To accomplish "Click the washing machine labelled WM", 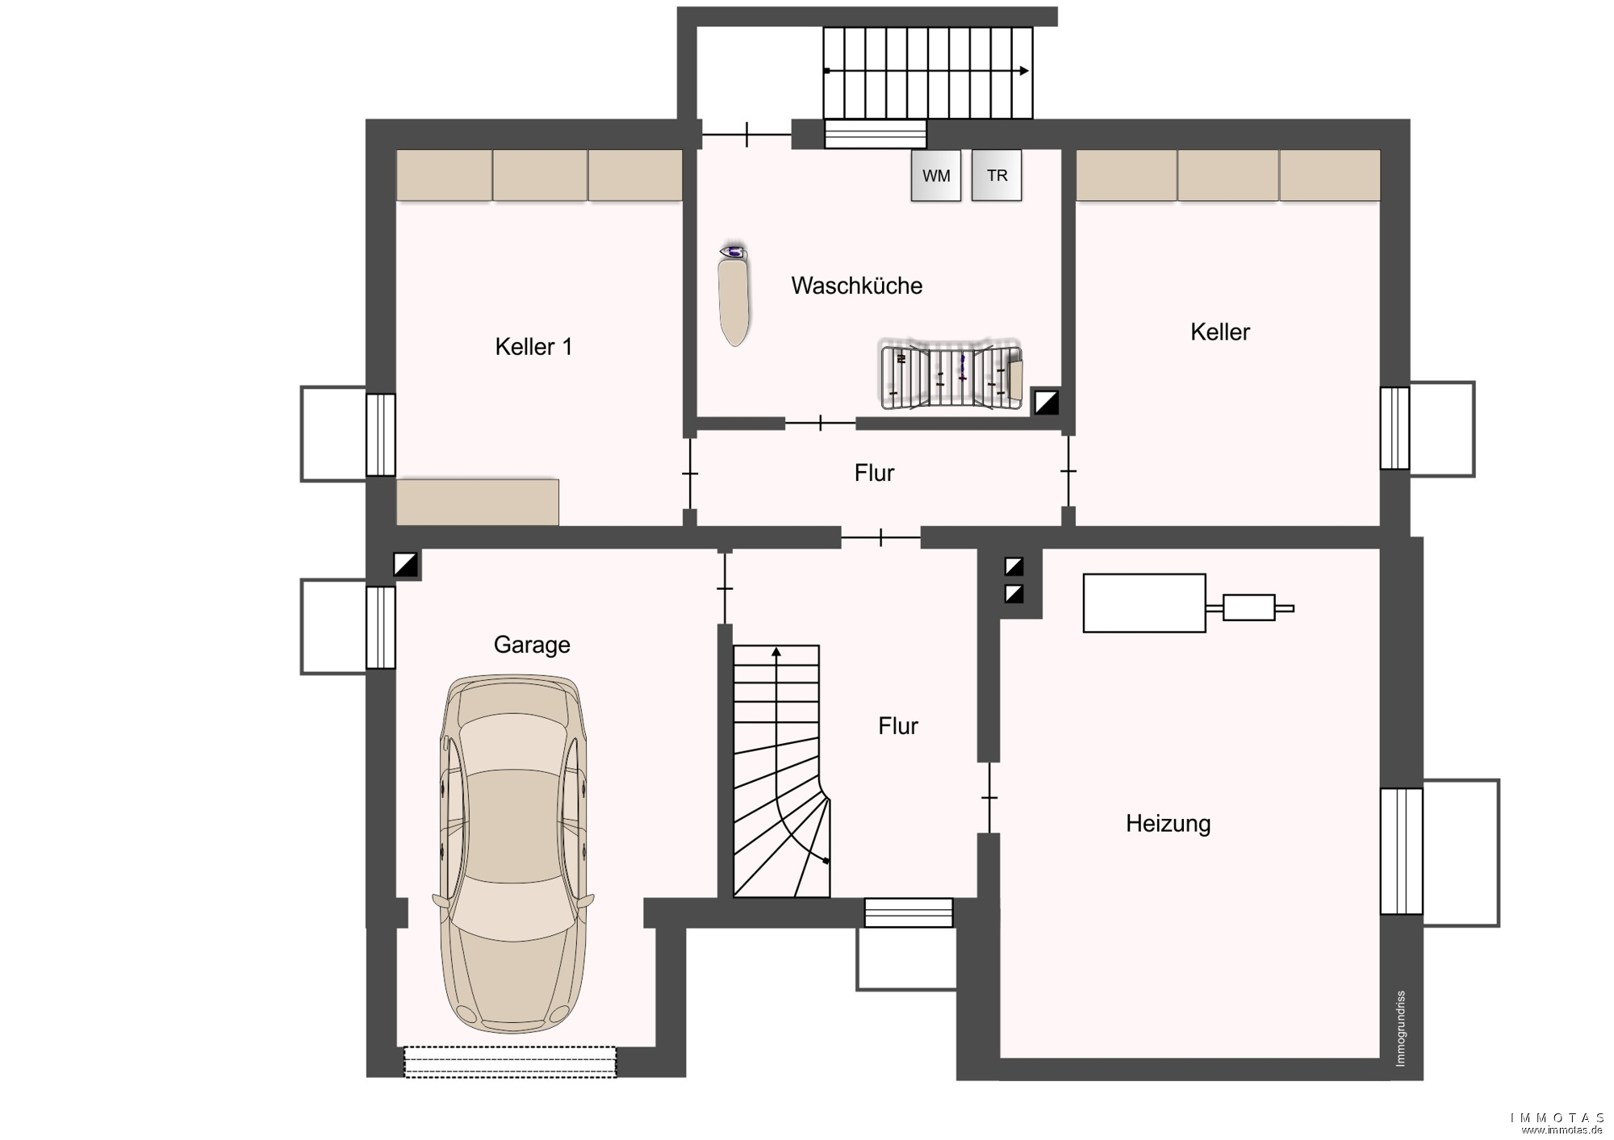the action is coord(936,175).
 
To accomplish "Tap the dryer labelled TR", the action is coord(997,175).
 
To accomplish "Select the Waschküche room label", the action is coord(856,286).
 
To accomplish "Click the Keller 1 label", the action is coord(533,347).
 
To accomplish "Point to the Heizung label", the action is coord(1168,824).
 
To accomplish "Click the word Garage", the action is coord(532,645).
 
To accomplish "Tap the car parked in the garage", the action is coord(513,854).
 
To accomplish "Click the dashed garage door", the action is coord(510,1062).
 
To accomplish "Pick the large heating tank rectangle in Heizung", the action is coord(1144,603).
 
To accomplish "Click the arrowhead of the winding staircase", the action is coord(776,650).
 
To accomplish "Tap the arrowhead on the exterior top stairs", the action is coord(1025,71).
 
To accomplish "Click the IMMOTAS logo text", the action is coord(1558,1117).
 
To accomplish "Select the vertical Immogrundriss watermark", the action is coord(1400,1029).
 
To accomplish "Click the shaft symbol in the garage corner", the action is coord(406,565).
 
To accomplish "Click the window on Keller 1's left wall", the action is coord(381,435).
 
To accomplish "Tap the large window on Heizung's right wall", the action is coord(1401,851).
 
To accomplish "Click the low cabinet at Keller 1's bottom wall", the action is coord(478,502).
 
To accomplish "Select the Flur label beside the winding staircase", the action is coord(898,726).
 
